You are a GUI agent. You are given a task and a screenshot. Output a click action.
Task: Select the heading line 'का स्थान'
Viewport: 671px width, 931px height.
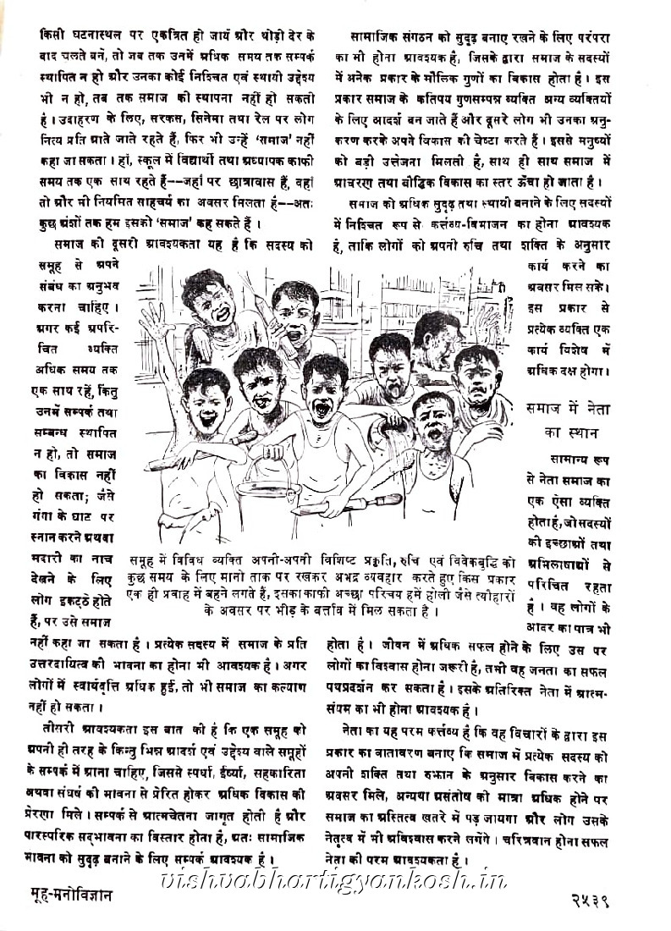click(x=572, y=432)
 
